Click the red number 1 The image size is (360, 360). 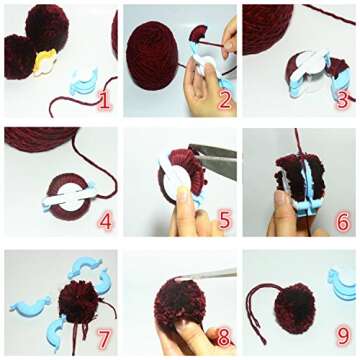pos(104,100)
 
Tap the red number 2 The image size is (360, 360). pos(224,100)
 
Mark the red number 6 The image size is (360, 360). pos(342,218)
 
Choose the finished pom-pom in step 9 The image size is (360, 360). pos(294,304)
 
